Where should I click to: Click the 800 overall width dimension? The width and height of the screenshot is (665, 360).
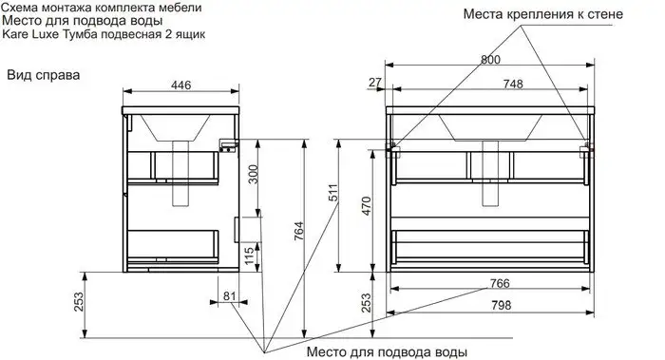(x=490, y=59)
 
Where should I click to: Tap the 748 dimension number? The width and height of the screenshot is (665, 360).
(x=512, y=84)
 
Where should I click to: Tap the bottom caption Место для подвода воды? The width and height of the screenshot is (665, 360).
(x=387, y=351)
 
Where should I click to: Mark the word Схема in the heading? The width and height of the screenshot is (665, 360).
(x=26, y=7)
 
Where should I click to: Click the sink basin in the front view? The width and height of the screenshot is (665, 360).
(x=489, y=126)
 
